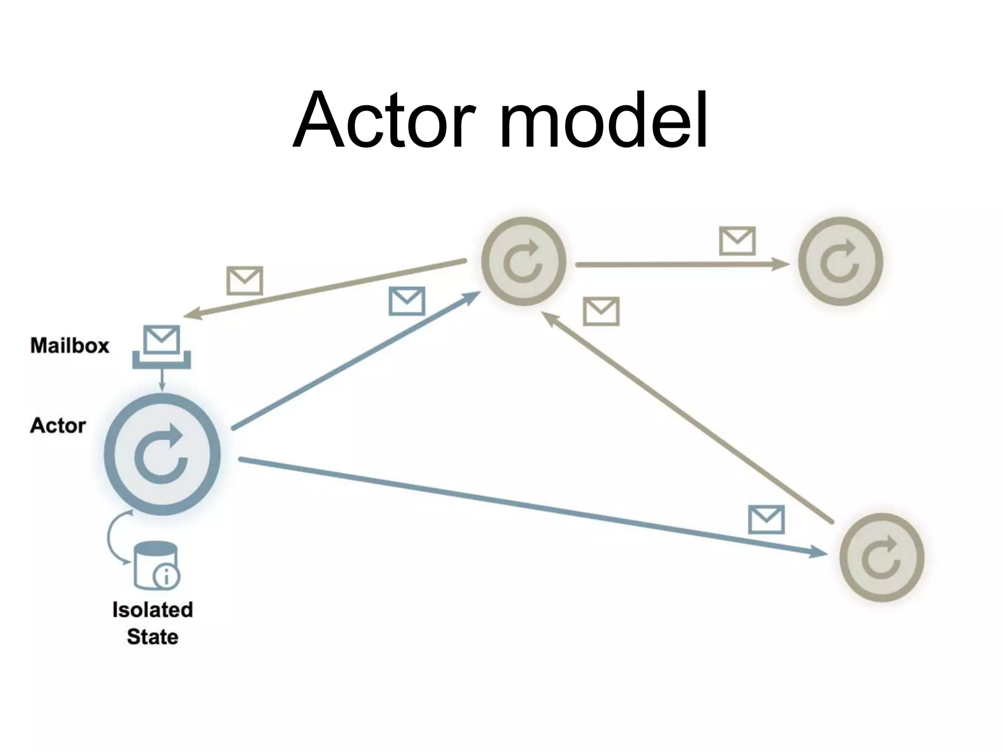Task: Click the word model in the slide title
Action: tap(603, 120)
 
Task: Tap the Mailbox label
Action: tap(70, 346)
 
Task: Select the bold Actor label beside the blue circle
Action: tap(58, 425)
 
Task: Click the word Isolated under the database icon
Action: tap(153, 610)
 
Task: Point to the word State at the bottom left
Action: tap(153, 637)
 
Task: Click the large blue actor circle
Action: tap(162, 455)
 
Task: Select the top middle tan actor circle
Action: tap(524, 261)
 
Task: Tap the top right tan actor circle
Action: tap(840, 261)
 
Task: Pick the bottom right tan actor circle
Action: tap(882, 557)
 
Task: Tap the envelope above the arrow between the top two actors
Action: tap(737, 241)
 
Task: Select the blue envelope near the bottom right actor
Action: tap(766, 519)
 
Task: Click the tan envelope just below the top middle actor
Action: tap(601, 311)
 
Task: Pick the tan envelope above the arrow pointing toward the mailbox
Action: tap(244, 281)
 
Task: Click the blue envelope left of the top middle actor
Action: tap(406, 301)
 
